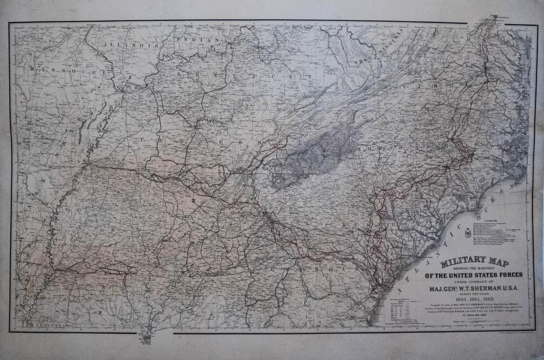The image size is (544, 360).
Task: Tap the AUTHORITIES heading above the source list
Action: [496, 221]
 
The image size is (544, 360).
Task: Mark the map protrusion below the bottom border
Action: [145, 337]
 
